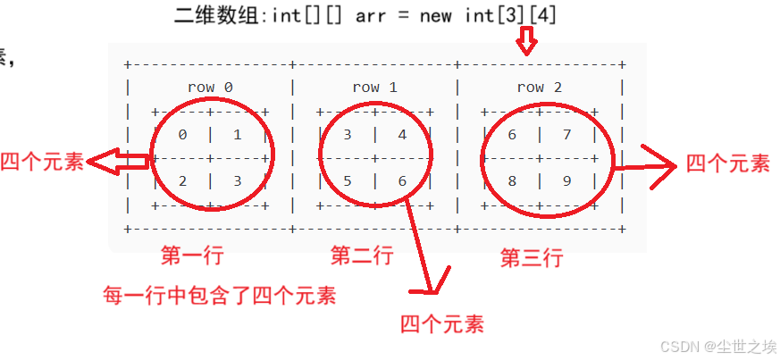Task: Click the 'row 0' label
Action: (210, 88)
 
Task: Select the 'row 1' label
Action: (374, 88)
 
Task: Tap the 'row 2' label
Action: (540, 88)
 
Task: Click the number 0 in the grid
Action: (182, 135)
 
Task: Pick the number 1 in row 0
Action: (237, 135)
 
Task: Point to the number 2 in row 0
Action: (182, 180)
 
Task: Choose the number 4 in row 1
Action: (402, 135)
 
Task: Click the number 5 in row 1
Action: (348, 180)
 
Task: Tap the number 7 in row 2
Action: (566, 135)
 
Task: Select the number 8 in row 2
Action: (512, 180)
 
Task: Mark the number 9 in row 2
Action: (566, 180)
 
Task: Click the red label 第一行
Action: (191, 255)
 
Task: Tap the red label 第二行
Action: (361, 255)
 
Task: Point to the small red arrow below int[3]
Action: (527, 40)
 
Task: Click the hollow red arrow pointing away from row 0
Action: (121, 161)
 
